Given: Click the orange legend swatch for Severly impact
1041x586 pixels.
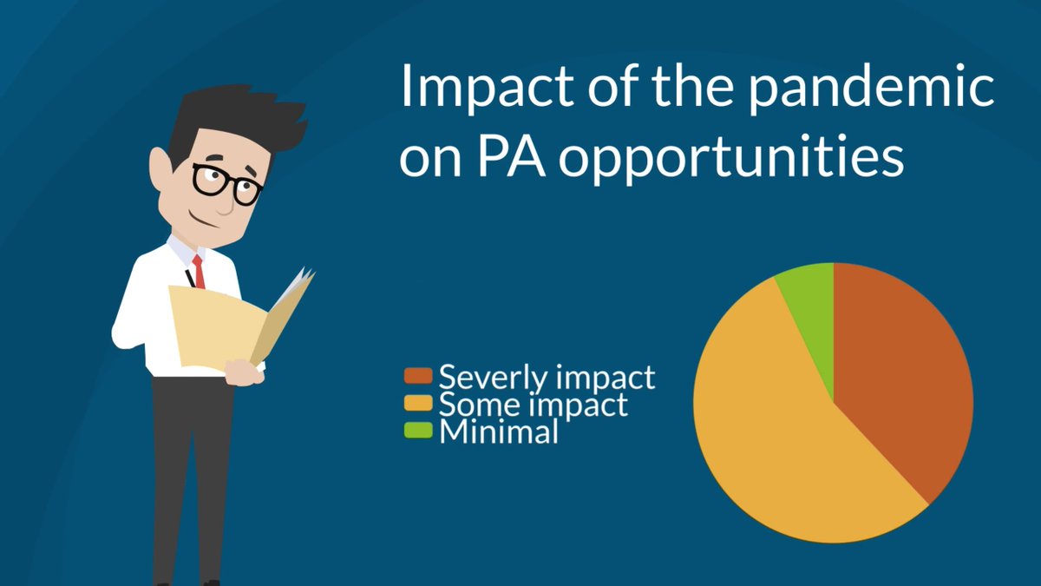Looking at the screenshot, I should (418, 376).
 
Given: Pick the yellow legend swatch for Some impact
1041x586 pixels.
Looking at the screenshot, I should (418, 403).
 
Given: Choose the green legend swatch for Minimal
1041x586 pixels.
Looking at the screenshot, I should (418, 430).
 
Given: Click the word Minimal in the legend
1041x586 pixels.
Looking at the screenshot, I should (499, 431).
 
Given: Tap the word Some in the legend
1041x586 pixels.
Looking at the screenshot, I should (475, 404).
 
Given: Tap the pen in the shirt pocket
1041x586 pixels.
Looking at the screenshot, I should (189, 277).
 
